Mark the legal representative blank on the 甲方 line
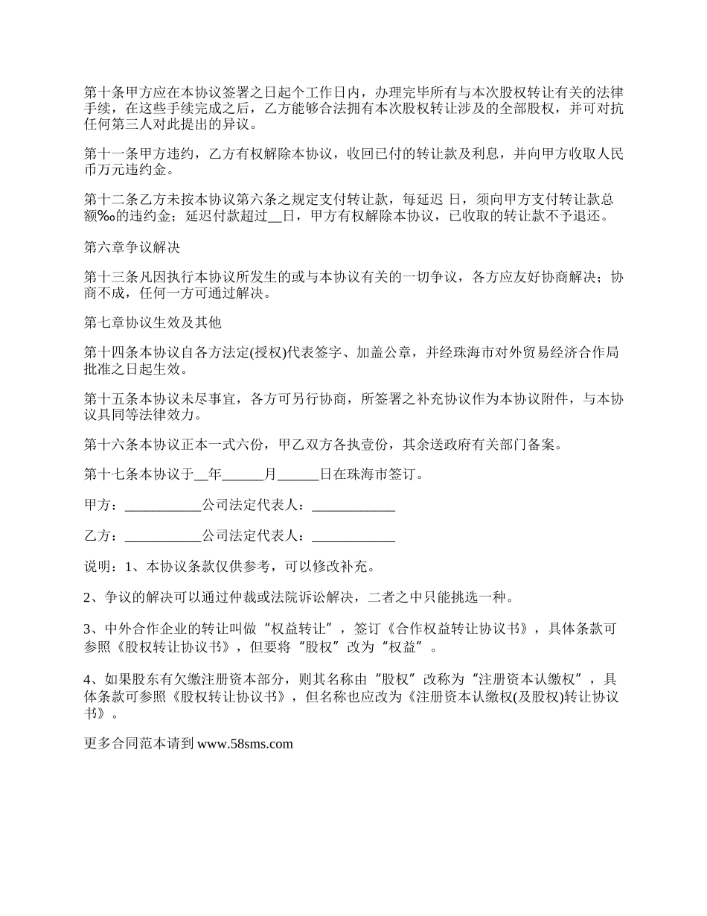tap(353, 506)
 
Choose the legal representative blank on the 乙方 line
tap(353, 536)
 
